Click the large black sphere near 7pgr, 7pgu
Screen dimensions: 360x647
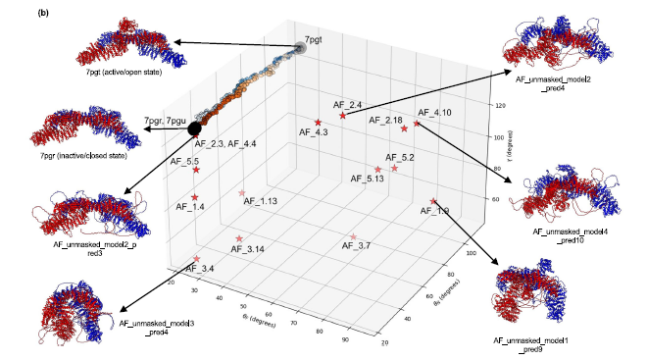pyautogui.click(x=194, y=128)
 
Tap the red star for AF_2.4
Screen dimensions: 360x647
pyautogui.click(x=342, y=115)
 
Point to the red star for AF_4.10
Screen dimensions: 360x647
pyautogui.click(x=417, y=124)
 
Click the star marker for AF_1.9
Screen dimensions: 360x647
pyautogui.click(x=434, y=202)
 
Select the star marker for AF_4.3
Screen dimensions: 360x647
pyautogui.click(x=318, y=122)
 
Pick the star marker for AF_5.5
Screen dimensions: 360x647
pyautogui.click(x=196, y=170)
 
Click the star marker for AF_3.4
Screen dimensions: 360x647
pyautogui.click(x=197, y=259)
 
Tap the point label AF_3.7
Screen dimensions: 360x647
pyautogui.click(x=355, y=245)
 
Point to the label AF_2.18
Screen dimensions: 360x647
pyautogui.click(x=386, y=120)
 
